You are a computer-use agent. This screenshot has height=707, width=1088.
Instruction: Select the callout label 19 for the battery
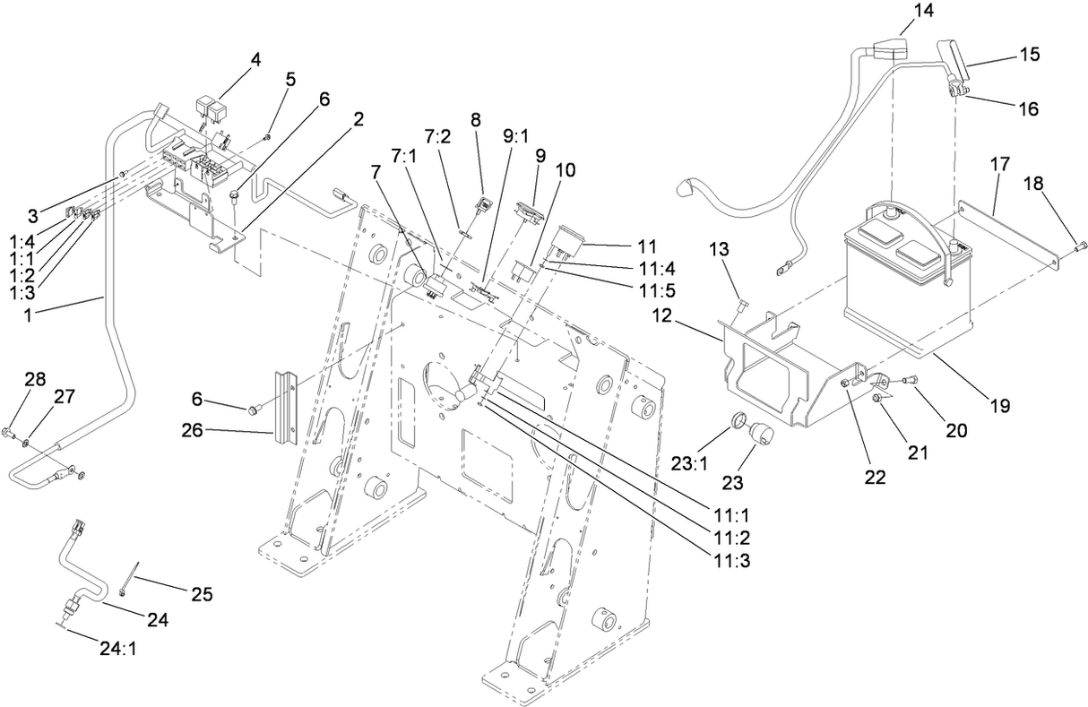1001,405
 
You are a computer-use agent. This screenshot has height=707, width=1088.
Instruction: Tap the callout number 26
218,431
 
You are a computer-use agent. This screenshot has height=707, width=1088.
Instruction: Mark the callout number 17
1000,164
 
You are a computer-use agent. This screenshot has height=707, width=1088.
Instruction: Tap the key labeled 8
482,205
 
